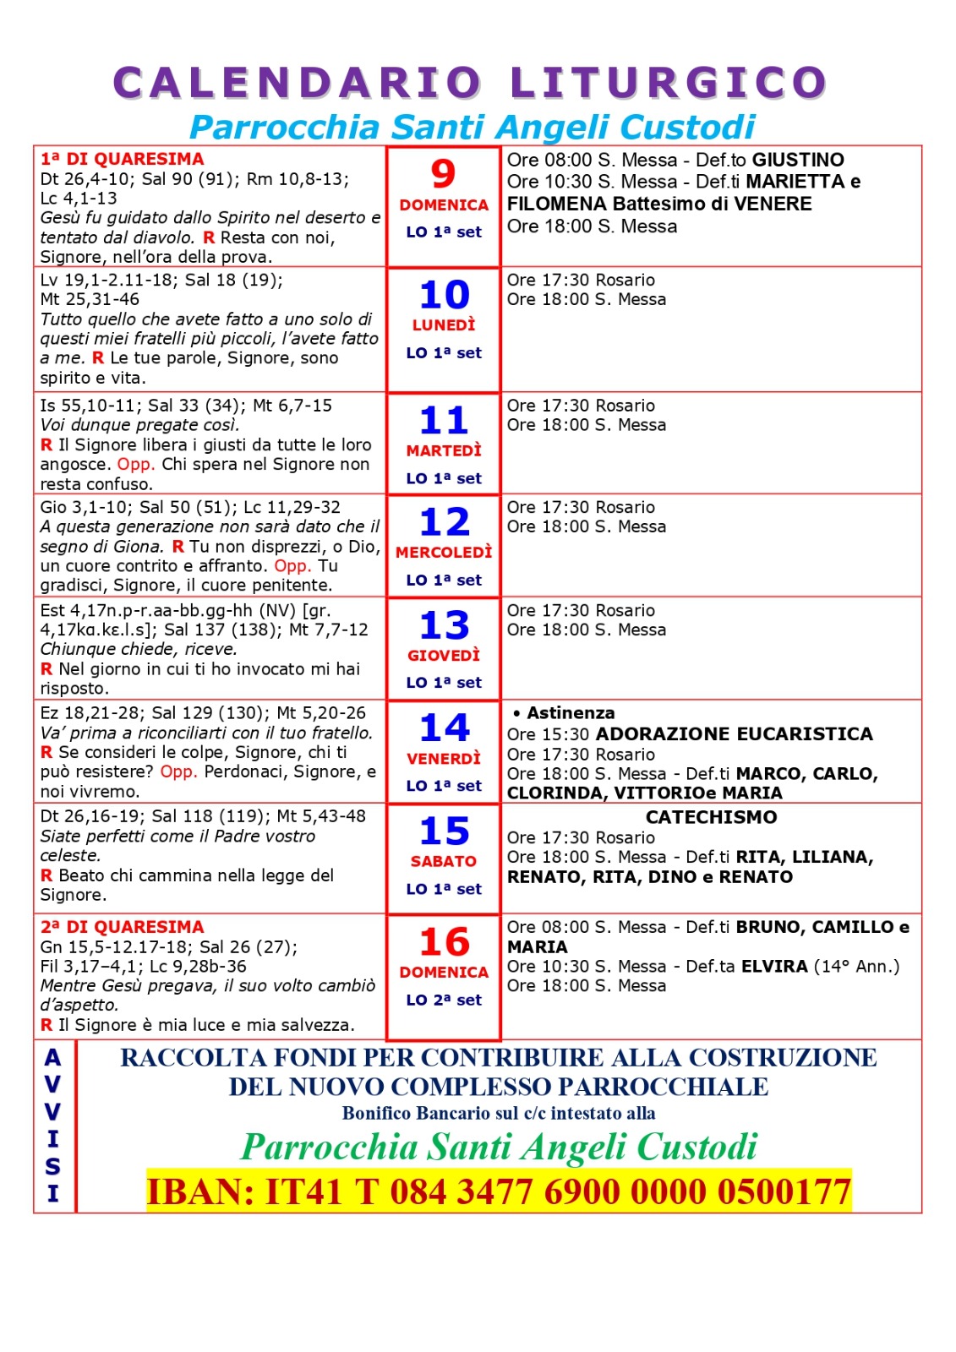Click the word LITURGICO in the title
[x=668, y=84]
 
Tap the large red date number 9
[x=443, y=174]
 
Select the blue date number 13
[x=445, y=626]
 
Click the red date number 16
[x=445, y=942]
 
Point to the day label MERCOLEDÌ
[x=444, y=553]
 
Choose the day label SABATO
[x=444, y=862]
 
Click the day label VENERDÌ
[x=444, y=759]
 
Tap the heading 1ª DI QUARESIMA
[x=123, y=159]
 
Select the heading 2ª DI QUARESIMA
[x=123, y=927]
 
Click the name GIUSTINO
[x=798, y=160]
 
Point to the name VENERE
[x=772, y=204]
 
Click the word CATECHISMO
[x=712, y=817]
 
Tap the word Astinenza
[x=571, y=713]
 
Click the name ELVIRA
[x=774, y=966]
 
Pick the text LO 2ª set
[x=444, y=1000]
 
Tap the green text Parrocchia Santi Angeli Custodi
[x=499, y=1147]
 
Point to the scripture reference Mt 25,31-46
[x=90, y=299]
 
